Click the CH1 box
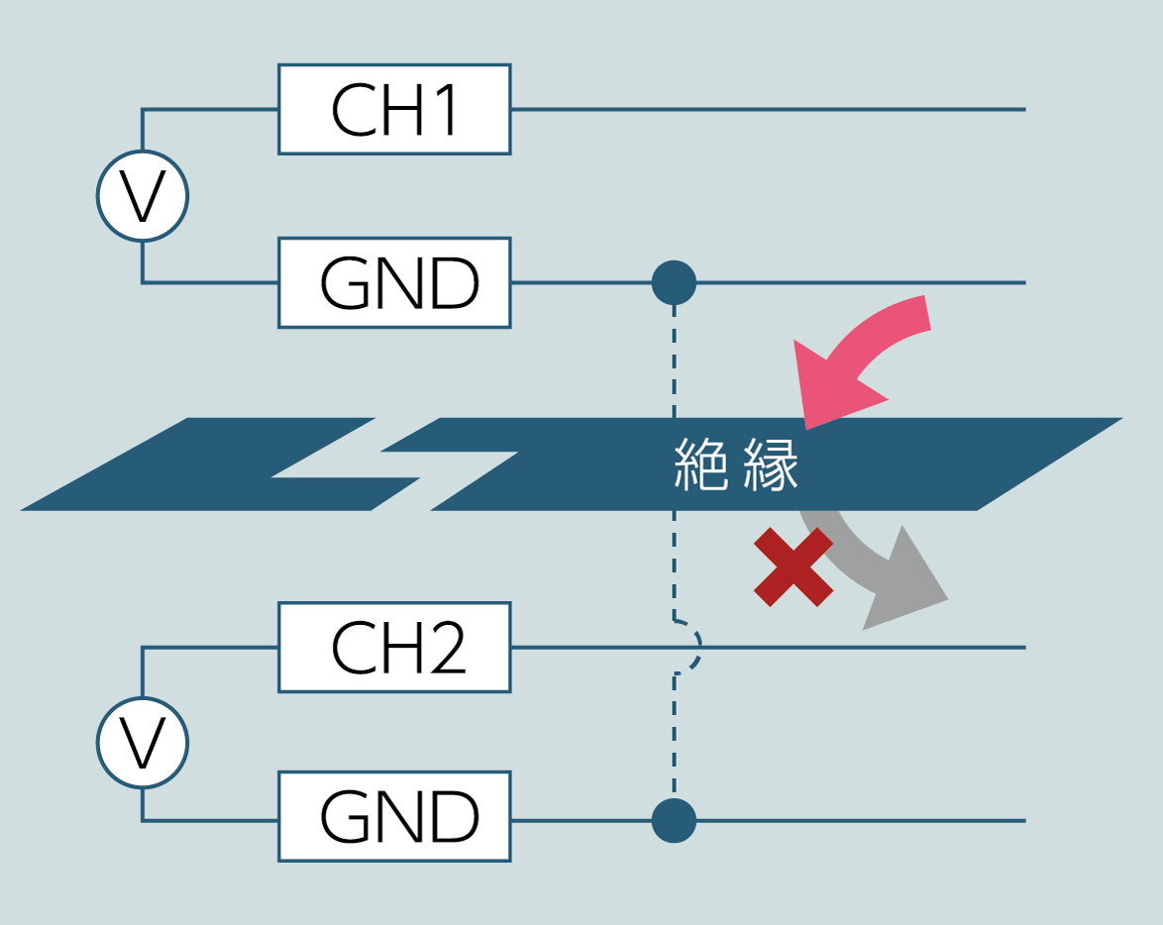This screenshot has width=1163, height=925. coord(394,109)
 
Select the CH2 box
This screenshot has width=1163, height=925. coord(394,648)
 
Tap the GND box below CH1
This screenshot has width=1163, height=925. coord(394,283)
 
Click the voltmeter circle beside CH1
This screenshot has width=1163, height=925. coord(143,196)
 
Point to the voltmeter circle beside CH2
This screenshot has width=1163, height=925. coord(143,743)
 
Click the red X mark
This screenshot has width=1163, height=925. coord(793,566)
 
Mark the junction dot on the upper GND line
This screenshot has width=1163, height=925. coord(675,283)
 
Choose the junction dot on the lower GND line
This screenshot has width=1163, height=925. coord(675,820)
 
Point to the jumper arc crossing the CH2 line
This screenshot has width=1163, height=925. coord(695,648)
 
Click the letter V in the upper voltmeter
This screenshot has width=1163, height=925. coord(143,197)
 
